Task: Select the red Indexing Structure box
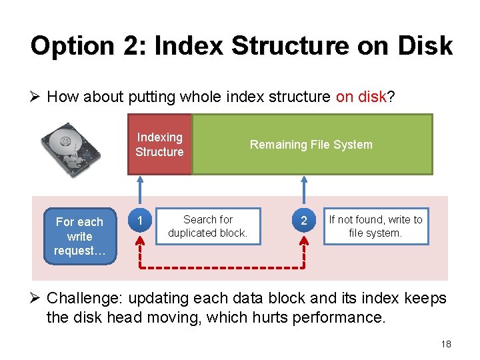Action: coord(159,145)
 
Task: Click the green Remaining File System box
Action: coord(311,145)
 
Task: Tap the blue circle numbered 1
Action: coord(139,220)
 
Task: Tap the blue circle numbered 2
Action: coord(304,220)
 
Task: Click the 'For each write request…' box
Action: coord(79,236)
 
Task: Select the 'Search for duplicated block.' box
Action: coord(207,226)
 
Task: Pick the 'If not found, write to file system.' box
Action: coord(375,226)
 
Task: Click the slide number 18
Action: coord(446,344)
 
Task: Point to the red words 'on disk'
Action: coord(361,97)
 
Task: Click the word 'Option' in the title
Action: coord(63,46)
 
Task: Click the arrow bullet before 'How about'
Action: coord(37,97)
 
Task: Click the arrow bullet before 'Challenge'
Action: coord(37,299)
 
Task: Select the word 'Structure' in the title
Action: coord(289,46)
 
